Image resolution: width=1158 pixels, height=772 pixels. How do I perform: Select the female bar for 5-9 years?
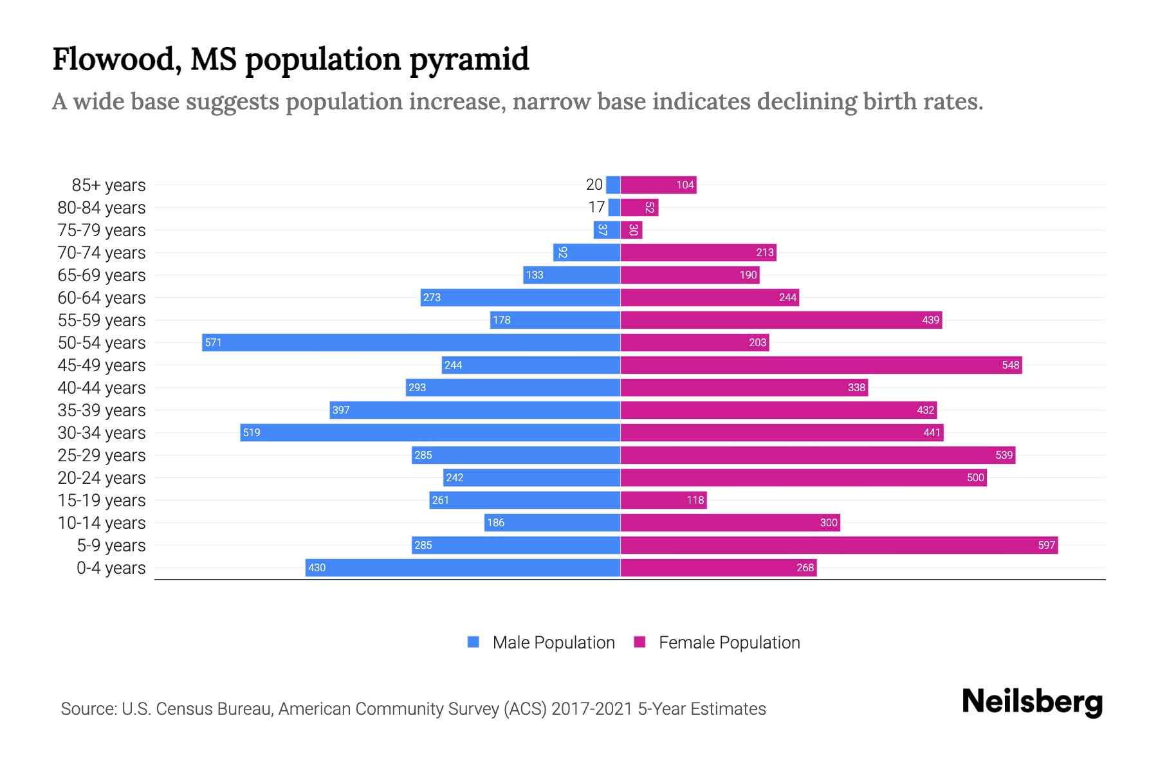pos(838,546)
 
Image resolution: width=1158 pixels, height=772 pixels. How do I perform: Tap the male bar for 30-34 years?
pos(430,432)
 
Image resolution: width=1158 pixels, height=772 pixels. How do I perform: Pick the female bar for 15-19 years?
pos(663,500)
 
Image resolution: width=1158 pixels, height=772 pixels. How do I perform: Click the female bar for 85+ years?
pos(658,185)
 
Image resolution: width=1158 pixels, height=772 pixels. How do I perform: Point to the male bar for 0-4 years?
pos(463,567)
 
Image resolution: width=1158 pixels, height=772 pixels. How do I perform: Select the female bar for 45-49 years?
pos(821,365)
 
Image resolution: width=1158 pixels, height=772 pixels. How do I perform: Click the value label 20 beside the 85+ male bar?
pos(594,185)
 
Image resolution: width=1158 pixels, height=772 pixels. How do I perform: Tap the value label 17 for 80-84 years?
pos(596,207)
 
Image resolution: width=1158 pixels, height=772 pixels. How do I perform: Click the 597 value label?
pos(1046,546)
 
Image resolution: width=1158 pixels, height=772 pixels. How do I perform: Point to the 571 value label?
pos(213,343)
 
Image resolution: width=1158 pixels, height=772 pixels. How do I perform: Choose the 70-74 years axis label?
pos(102,253)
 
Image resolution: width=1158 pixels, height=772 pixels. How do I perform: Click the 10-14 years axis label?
pos(102,523)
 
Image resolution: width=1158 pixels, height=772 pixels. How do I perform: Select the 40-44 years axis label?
pos(102,388)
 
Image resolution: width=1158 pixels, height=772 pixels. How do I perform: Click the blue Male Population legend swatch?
pos(473,642)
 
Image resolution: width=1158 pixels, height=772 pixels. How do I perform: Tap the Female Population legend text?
pos(729,642)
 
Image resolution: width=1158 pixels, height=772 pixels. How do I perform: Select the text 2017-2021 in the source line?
pos(591,709)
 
